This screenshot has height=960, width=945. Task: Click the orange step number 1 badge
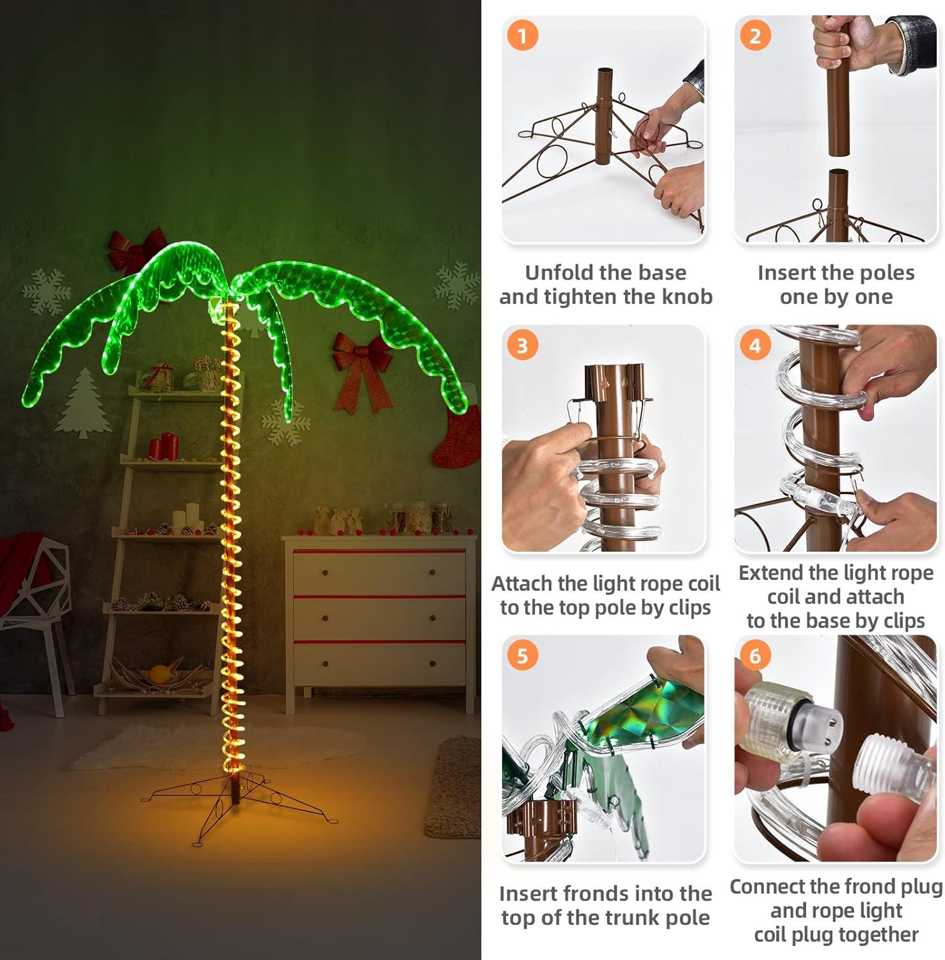(x=522, y=36)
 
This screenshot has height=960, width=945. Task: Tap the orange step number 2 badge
(x=755, y=36)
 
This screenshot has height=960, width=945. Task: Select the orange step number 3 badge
(x=522, y=346)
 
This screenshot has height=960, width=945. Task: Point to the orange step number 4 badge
(x=755, y=346)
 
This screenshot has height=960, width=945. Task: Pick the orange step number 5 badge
(x=522, y=656)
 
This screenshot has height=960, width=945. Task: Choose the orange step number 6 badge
(x=755, y=656)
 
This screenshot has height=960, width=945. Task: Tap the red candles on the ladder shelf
(x=163, y=446)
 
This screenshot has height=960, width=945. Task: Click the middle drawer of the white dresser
(x=379, y=618)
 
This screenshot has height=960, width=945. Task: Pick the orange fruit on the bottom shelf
(x=159, y=674)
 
